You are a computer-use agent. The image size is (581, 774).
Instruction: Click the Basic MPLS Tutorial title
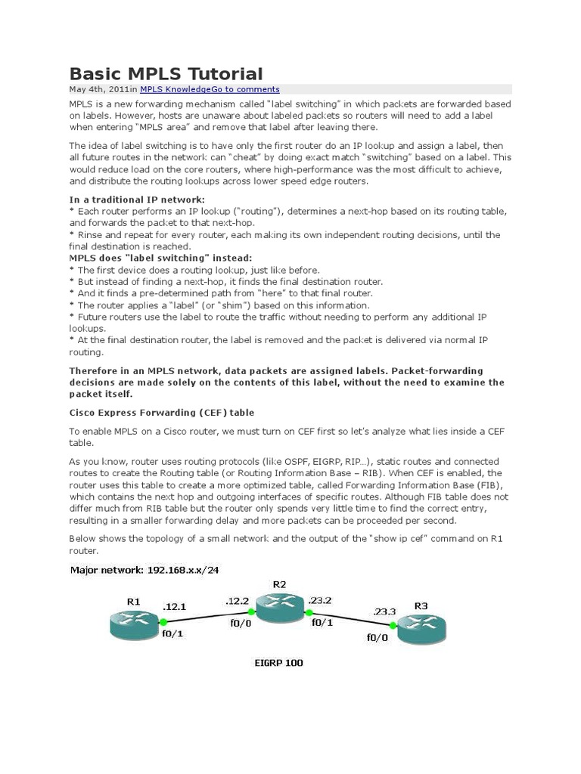tap(166, 73)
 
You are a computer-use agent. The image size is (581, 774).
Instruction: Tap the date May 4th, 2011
tap(99, 89)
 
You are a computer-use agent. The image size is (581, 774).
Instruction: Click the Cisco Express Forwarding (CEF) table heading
tap(162, 413)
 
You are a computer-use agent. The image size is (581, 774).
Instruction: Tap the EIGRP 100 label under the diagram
tap(278, 663)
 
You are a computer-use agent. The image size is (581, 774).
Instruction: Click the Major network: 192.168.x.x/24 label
tap(144, 568)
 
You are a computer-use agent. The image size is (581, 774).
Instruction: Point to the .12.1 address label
tap(175, 606)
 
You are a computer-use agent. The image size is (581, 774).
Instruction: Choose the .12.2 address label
tap(238, 600)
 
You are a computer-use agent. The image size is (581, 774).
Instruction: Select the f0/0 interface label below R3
tap(376, 637)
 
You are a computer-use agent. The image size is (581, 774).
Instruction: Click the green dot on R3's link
tap(393, 626)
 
